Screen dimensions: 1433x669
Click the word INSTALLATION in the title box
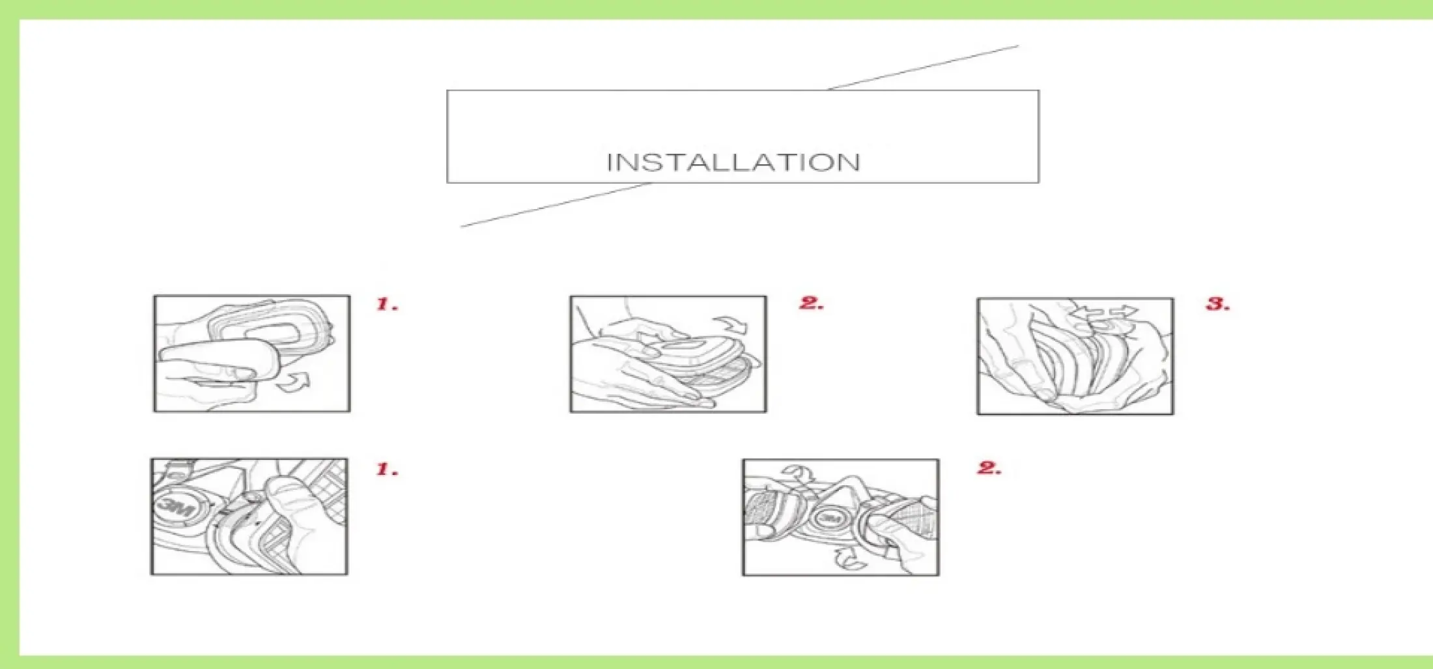[x=733, y=162]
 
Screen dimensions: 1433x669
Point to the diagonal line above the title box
[x=923, y=68]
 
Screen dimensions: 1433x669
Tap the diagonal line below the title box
[x=556, y=205]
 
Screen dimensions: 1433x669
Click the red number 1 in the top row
[x=388, y=304]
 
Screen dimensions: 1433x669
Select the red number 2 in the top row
[x=812, y=303]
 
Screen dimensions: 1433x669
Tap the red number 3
[x=1218, y=304]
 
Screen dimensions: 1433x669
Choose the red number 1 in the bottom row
[x=388, y=469]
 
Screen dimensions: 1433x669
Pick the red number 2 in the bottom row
[x=989, y=468]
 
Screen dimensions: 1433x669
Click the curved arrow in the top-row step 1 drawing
[x=293, y=382]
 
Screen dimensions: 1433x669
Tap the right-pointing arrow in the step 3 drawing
[x=1124, y=313]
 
